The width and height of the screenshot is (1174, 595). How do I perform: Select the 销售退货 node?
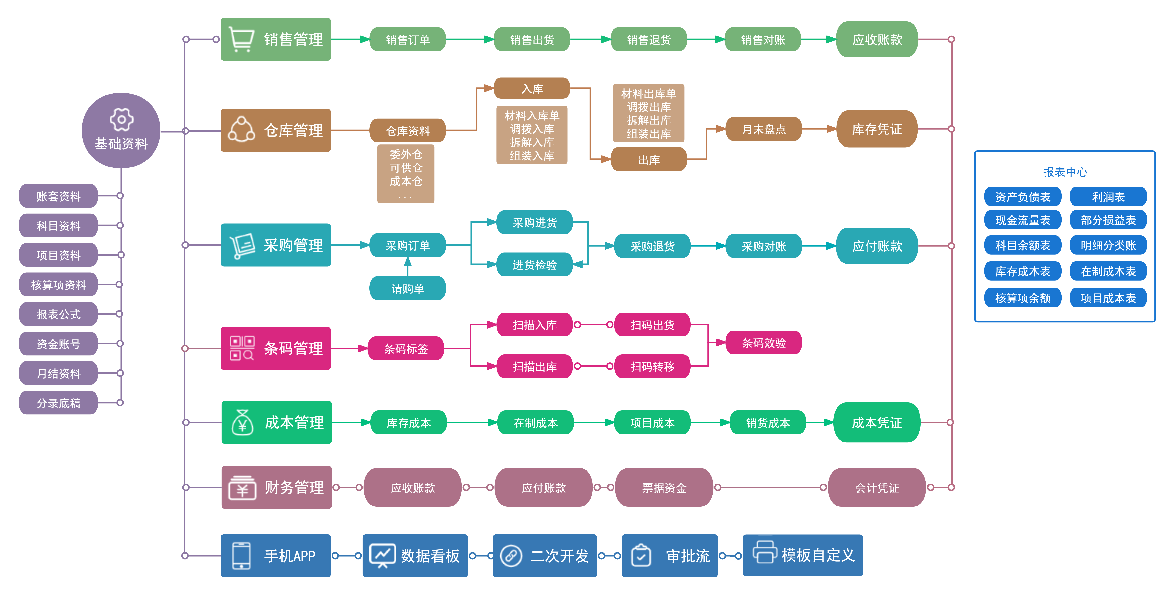click(x=649, y=40)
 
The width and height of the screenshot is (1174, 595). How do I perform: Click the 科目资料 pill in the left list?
click(x=58, y=226)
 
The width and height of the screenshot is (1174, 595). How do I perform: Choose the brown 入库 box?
click(x=532, y=88)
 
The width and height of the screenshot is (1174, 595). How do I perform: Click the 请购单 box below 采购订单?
click(x=408, y=288)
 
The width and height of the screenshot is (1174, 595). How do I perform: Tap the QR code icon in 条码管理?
click(x=242, y=349)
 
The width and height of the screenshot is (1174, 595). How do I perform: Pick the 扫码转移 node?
click(x=652, y=366)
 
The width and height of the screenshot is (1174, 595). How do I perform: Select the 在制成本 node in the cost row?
click(x=536, y=423)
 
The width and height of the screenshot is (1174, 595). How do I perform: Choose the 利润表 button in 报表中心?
click(x=1108, y=197)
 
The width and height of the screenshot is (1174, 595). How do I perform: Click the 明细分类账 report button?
click(x=1108, y=246)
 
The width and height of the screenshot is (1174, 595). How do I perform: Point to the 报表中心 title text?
click(x=1065, y=172)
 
